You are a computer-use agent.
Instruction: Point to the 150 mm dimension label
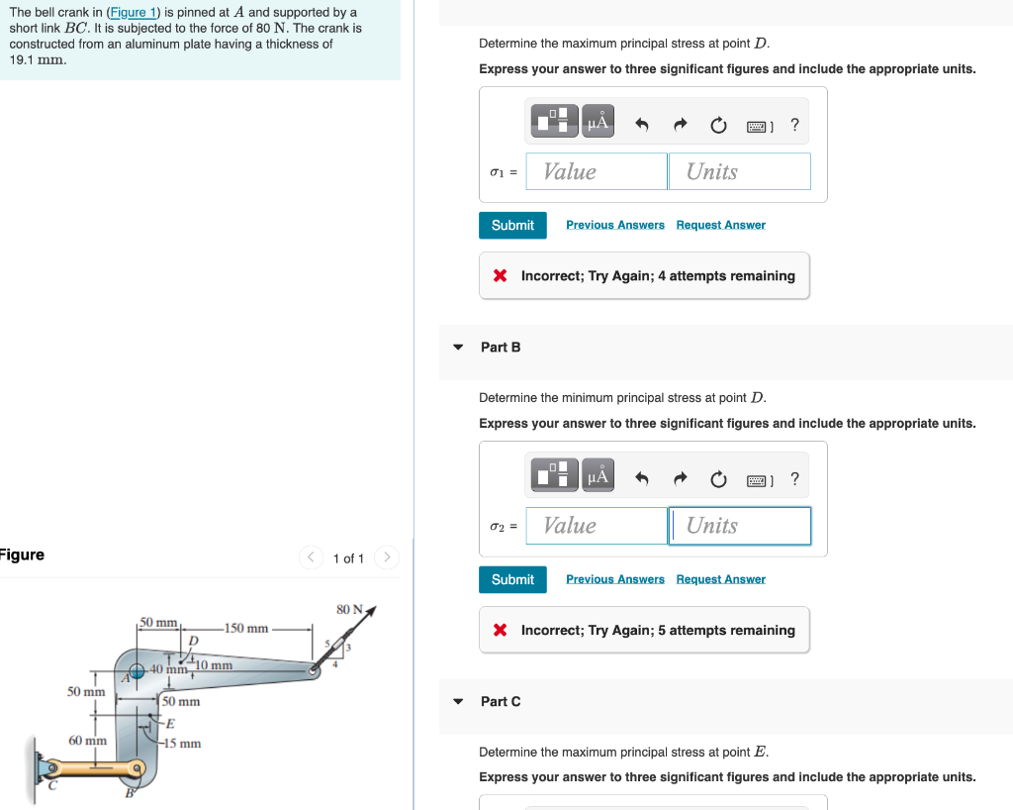246,628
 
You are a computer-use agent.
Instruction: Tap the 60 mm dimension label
87,741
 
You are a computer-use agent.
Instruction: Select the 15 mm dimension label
183,743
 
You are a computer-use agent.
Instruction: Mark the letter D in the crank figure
193,641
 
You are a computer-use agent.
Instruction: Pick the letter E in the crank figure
169,723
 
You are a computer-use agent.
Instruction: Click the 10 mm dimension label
214,665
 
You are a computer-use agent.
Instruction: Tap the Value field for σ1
597,171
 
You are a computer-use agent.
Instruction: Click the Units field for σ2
739,526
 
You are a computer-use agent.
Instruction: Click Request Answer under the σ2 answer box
720,579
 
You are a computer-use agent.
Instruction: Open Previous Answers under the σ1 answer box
614,225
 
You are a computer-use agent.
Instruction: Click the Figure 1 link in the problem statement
134,13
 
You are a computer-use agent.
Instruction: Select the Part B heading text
501,348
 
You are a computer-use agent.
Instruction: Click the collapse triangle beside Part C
457,701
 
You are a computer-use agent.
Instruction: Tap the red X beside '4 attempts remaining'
501,276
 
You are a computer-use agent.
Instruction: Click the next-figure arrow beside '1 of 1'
387,558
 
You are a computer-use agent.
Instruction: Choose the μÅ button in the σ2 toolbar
598,477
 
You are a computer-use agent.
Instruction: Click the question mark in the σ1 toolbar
794,125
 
